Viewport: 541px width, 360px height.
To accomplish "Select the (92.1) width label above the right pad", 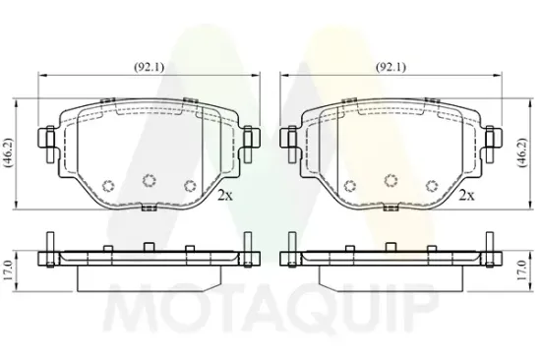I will point(390,68).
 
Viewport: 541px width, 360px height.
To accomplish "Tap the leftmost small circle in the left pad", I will point(110,187).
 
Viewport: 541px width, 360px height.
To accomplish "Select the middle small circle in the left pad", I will point(150,180).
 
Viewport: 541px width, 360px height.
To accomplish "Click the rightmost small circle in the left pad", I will point(191,186).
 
